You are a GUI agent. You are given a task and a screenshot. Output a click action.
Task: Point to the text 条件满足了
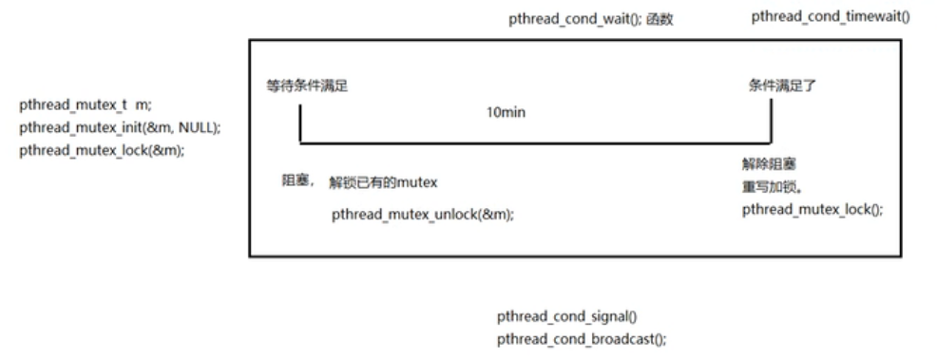[783, 85]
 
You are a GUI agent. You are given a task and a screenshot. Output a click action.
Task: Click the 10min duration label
[507, 112]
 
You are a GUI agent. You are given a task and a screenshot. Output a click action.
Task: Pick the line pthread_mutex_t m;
[85, 105]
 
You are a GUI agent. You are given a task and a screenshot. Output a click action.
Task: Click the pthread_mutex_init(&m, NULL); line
[120, 128]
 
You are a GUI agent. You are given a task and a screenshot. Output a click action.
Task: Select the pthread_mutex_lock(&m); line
[102, 150]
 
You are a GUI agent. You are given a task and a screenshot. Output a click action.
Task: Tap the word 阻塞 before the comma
[295, 181]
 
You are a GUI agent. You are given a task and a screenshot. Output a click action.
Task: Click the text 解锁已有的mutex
[383, 182]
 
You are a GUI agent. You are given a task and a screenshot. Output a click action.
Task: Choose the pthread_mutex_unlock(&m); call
[423, 215]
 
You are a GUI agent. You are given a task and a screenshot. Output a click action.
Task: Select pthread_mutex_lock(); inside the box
[812, 209]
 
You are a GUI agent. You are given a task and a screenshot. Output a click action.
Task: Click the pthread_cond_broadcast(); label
[582, 337]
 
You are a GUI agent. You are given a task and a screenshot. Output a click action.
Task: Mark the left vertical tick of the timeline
[299, 123]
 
